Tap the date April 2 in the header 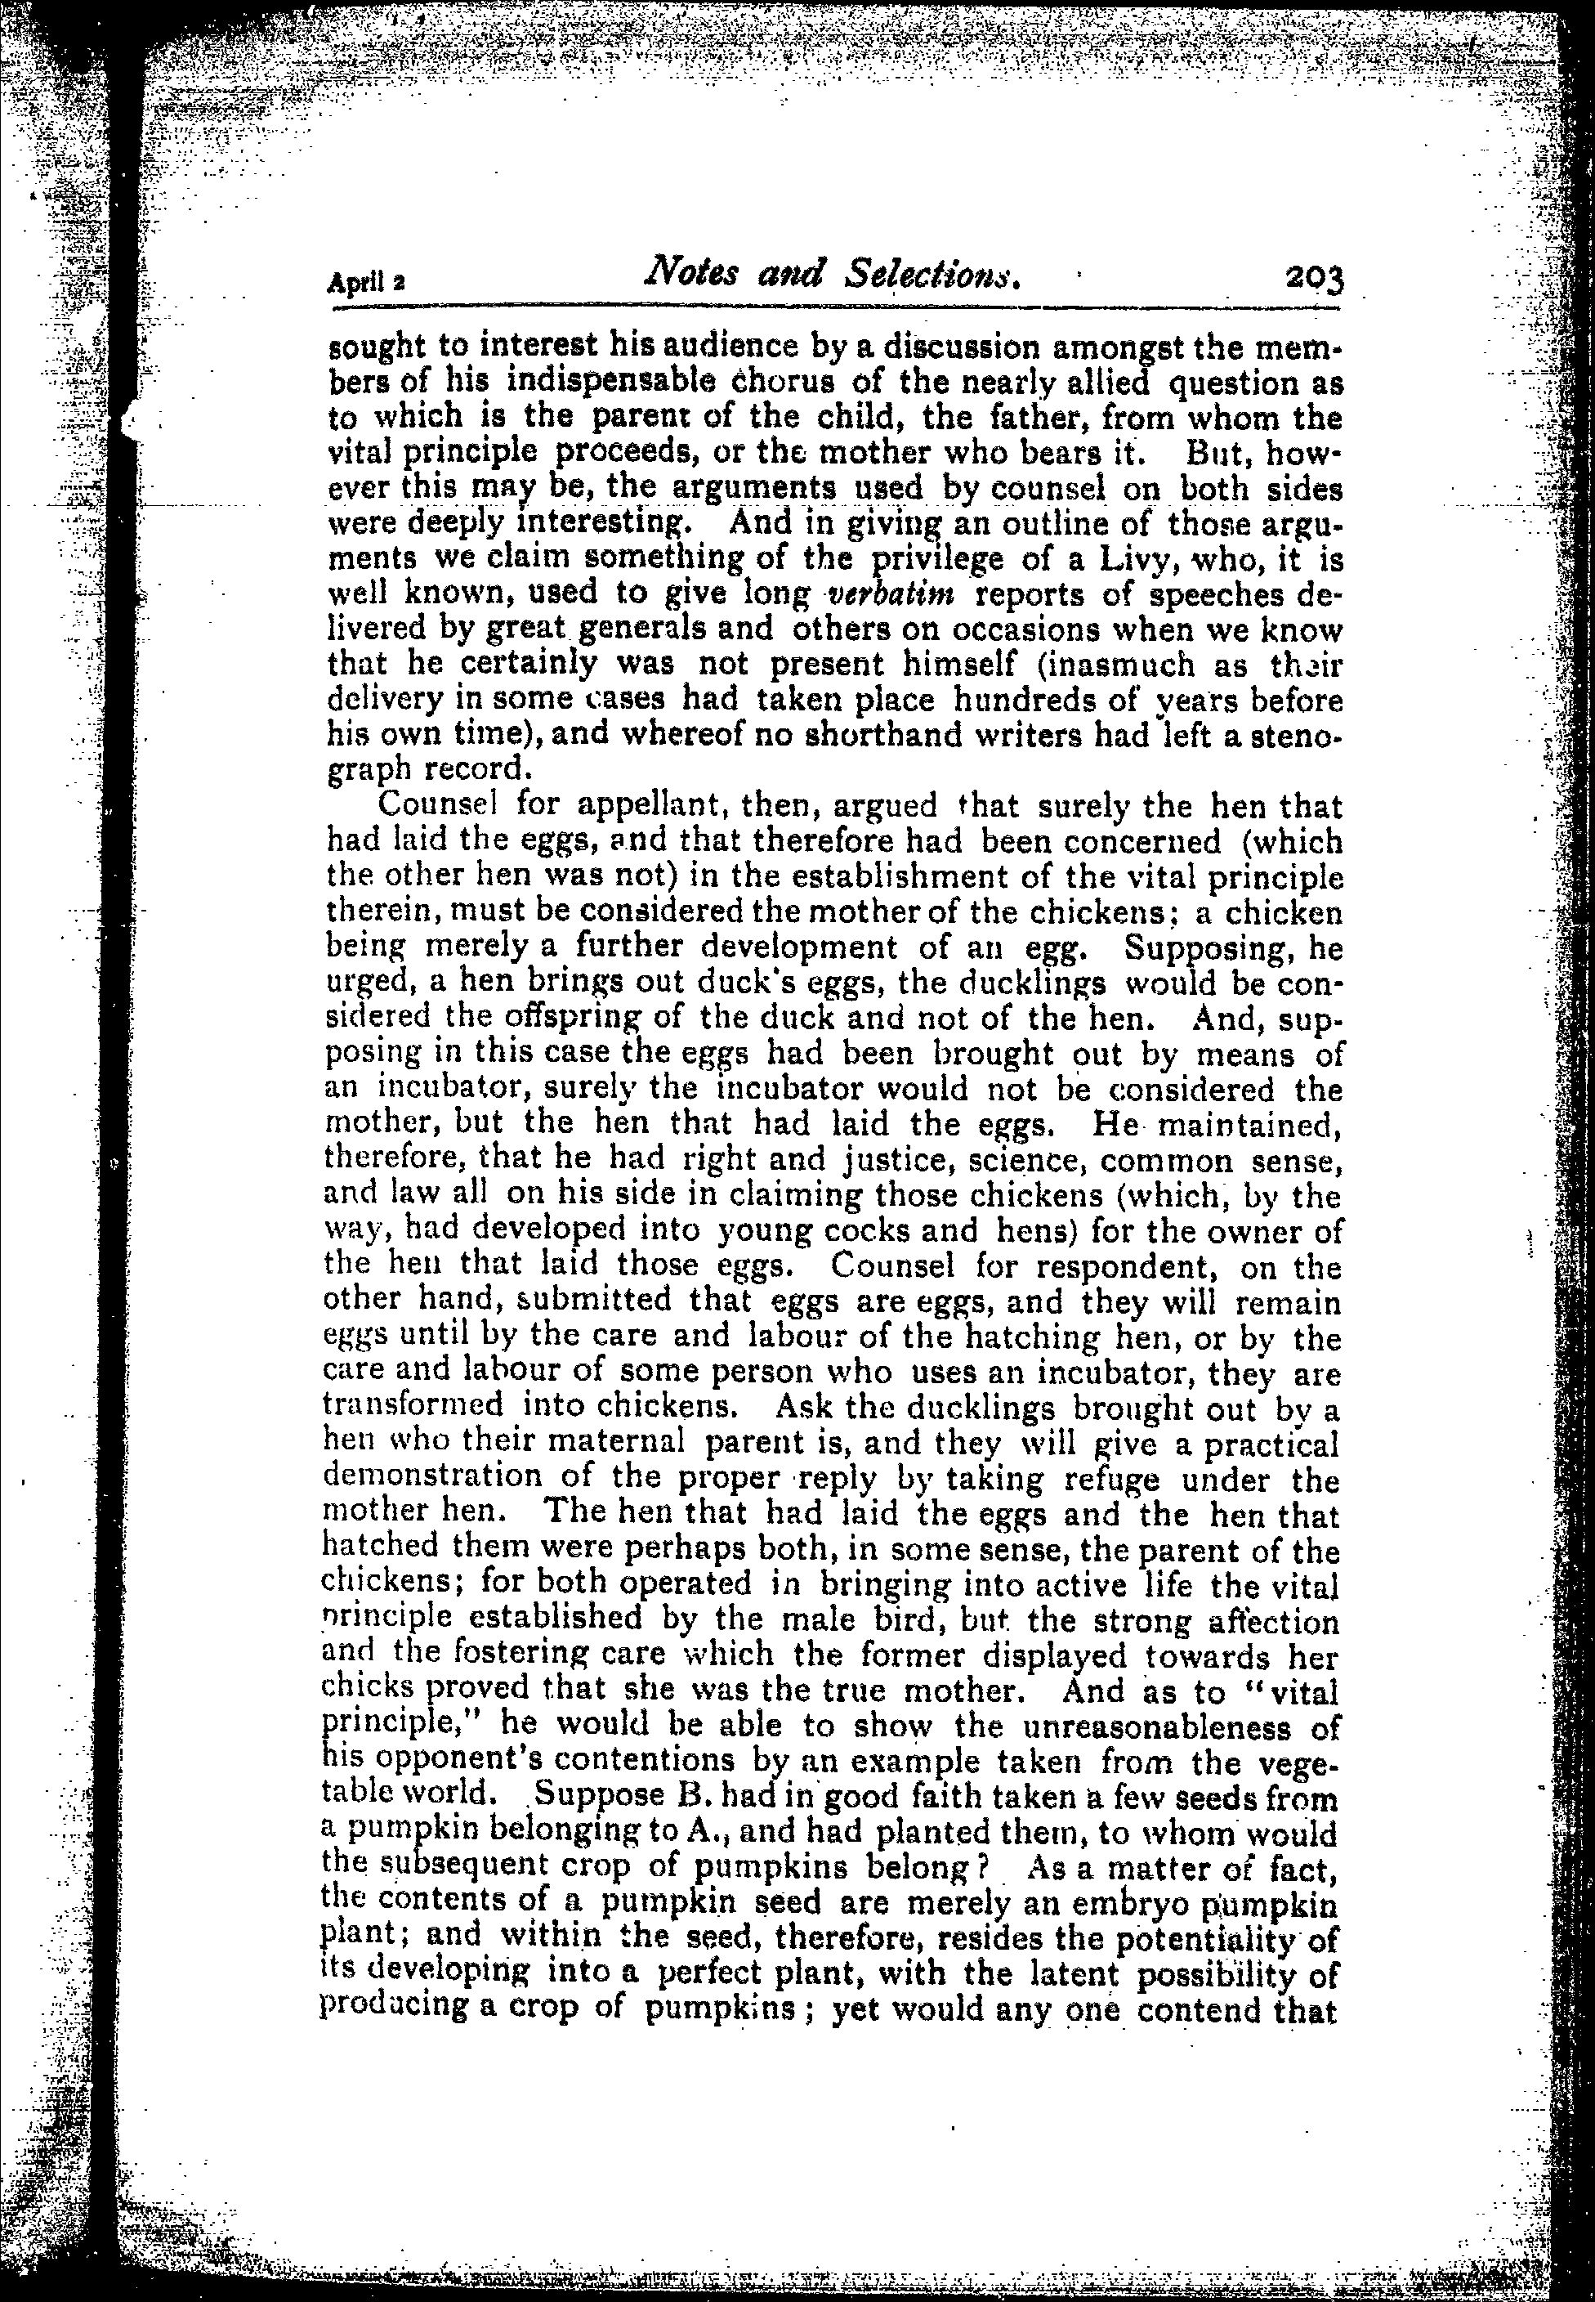(364, 282)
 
